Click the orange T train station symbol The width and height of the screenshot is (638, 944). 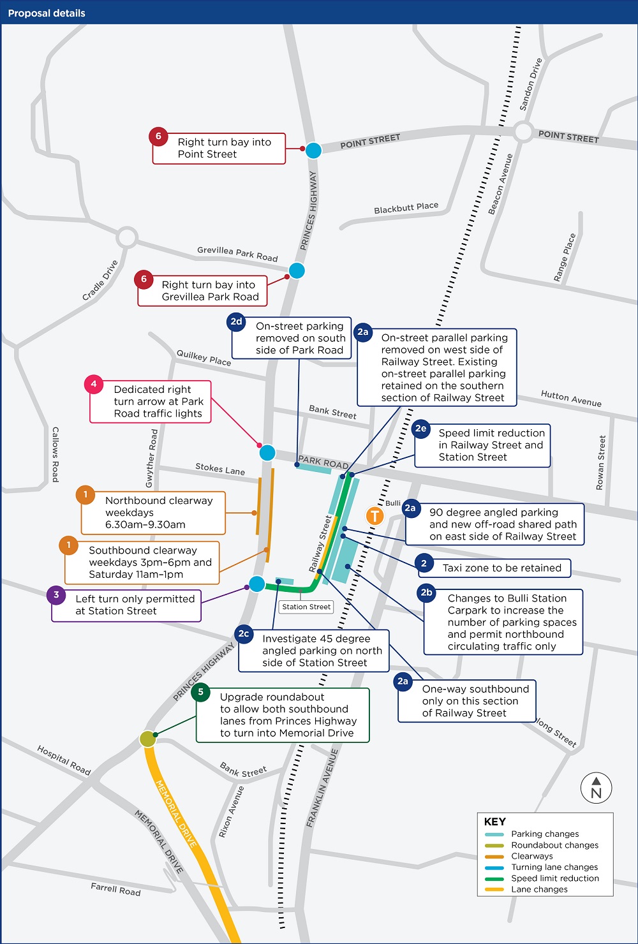tap(375, 515)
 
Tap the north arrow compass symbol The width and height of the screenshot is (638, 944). tap(596, 788)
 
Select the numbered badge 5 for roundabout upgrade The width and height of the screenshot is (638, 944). tap(200, 692)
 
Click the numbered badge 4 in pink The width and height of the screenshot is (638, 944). tap(94, 384)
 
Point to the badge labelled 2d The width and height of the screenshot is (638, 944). tap(236, 321)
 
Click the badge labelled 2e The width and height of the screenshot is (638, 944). tap(420, 429)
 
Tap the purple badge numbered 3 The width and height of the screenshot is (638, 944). tap(56, 595)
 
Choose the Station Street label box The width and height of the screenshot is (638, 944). tap(306, 607)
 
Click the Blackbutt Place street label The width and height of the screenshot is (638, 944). tap(406, 208)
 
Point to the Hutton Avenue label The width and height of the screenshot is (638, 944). tap(571, 399)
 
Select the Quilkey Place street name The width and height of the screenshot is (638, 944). tap(204, 357)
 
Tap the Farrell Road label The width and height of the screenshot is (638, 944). tap(115, 889)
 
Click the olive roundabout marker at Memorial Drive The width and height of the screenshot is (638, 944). tap(148, 739)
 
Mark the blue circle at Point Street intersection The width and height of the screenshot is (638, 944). tap(313, 151)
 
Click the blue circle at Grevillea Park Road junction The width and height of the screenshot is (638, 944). tap(297, 270)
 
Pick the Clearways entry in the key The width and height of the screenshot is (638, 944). tap(531, 856)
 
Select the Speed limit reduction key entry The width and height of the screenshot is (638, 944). tap(554, 878)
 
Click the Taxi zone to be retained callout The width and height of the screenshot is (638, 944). tap(501, 568)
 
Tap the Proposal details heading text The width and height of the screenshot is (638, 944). tap(47, 13)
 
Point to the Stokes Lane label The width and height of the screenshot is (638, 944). tap(220, 469)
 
